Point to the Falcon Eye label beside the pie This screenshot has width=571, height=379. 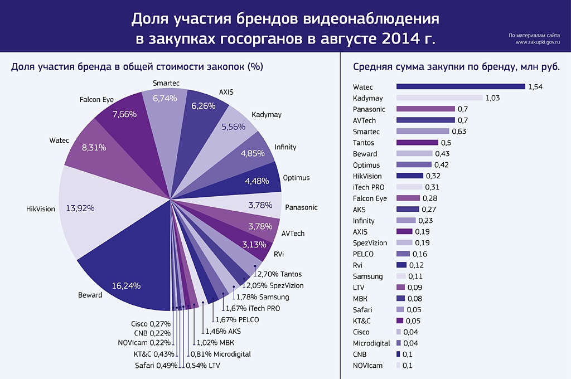coord(96,100)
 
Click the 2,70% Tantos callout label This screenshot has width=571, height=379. coord(278,274)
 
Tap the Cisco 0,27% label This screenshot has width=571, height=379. coord(151,323)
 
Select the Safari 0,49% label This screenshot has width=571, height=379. coord(156,366)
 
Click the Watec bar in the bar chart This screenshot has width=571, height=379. coord(461,87)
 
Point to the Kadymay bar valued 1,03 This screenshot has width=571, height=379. coord(439,98)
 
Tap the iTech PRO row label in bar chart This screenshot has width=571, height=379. coord(369,187)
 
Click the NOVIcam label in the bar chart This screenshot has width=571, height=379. coord(368,366)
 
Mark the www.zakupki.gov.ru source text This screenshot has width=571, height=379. coord(538,42)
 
